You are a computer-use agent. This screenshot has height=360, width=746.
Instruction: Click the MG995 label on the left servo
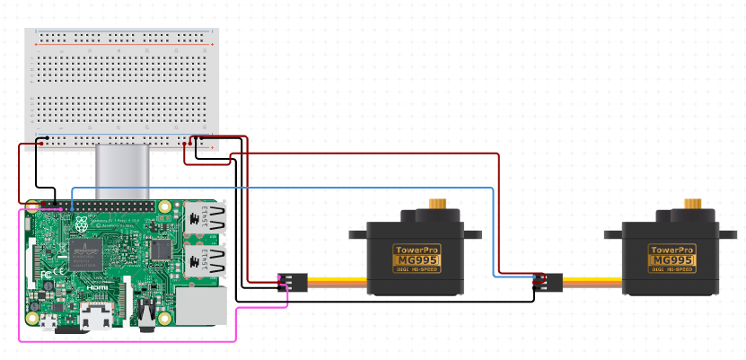coord(416,260)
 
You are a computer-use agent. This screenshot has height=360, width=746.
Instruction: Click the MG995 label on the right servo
coord(671,260)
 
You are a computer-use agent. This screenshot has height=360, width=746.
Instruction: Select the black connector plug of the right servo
coord(548,282)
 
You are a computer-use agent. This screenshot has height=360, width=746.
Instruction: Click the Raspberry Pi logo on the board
coord(83,225)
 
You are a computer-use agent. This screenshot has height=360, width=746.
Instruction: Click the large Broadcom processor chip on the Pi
coord(85,254)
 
